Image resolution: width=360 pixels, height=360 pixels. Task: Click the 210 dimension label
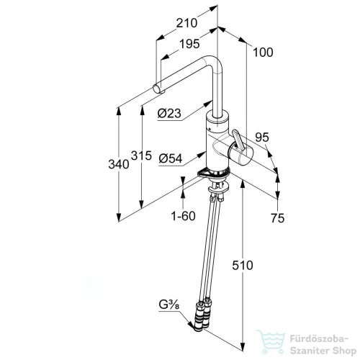coord(186,23)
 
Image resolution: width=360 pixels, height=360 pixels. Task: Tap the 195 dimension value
coord(189,44)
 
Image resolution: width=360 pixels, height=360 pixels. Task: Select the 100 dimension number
coord(263,53)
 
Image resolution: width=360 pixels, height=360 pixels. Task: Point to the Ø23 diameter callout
coord(169,113)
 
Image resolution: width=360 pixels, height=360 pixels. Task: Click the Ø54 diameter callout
coord(171,158)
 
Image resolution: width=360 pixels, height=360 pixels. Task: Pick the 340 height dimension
coord(119,164)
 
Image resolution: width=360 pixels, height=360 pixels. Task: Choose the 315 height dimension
coord(142,156)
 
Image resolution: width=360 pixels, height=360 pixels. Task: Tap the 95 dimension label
coord(262,138)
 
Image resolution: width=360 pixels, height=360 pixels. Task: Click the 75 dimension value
coord(277,218)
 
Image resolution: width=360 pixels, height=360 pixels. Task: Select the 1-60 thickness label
coord(183,216)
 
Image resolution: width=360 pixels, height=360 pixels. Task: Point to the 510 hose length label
coord(243,266)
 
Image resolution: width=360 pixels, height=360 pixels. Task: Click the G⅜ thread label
coord(169,305)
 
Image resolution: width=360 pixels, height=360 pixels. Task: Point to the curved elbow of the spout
coord(211,62)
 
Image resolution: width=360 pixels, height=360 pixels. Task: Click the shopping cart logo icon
coord(271,342)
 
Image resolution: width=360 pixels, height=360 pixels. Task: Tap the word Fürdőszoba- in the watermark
coord(319,339)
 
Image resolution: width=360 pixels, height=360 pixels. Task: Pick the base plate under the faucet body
coord(213,173)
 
